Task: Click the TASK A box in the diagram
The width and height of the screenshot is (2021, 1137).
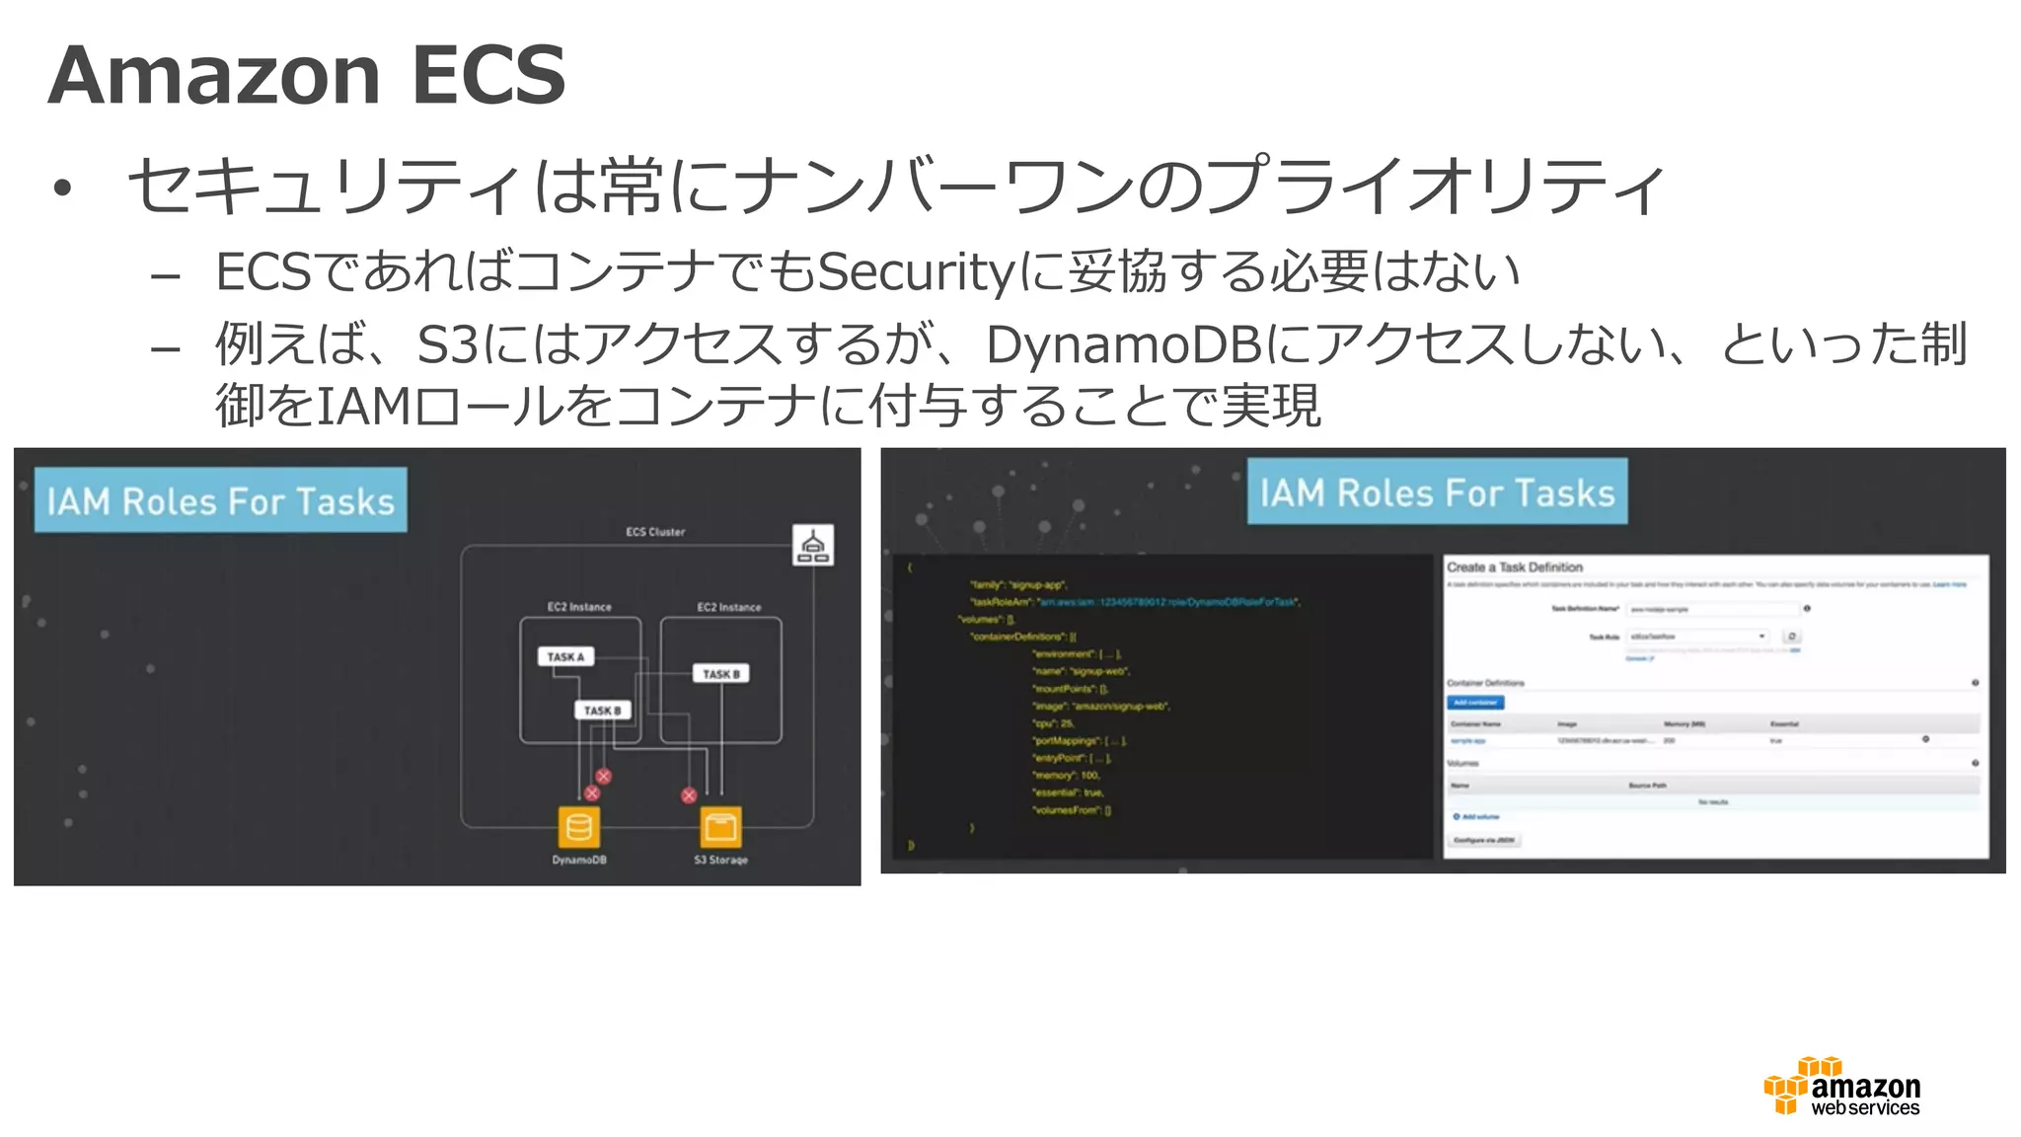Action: coord(565,656)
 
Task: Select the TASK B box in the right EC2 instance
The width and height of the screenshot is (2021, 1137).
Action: coord(720,674)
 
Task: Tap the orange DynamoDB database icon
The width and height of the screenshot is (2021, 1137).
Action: coord(579,827)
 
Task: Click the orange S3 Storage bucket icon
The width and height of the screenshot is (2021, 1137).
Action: coord(720,827)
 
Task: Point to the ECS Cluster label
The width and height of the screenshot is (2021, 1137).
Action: coord(655,532)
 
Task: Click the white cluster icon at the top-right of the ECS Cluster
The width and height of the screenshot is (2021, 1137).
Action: coord(813,545)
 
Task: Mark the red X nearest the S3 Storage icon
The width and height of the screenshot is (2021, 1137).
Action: coord(689,796)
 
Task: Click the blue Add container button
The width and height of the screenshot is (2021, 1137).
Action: coord(1475,703)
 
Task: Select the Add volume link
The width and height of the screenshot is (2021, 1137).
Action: coord(1477,817)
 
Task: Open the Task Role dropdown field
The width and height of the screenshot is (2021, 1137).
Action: coord(1697,637)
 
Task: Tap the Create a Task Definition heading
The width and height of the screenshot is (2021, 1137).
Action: coord(1514,568)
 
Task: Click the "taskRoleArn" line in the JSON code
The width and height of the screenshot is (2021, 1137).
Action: coord(1135,602)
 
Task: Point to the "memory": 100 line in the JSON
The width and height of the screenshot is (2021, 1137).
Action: coord(1066,776)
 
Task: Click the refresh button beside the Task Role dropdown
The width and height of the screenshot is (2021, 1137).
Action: coord(1792,637)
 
